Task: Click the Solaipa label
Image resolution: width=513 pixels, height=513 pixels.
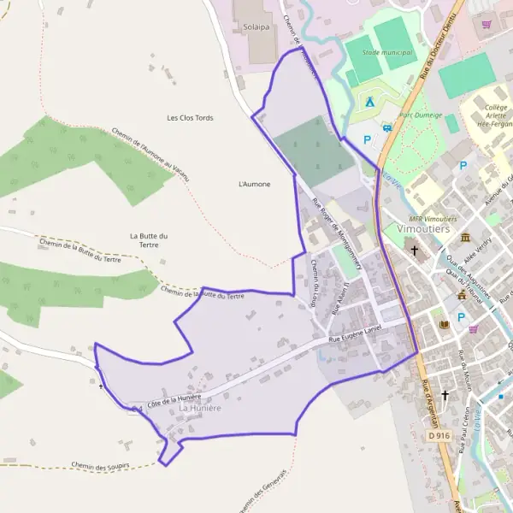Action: [x=256, y=27]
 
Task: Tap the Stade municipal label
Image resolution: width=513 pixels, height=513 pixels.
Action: [x=386, y=52]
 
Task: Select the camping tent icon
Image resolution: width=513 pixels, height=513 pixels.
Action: [x=370, y=102]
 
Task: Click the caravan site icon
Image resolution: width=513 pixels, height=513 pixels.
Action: [x=387, y=128]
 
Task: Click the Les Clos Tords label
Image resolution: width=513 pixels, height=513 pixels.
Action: [x=190, y=117]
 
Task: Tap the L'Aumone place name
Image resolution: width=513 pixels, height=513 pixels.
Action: [x=254, y=184]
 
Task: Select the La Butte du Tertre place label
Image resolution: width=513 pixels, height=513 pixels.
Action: [x=150, y=240]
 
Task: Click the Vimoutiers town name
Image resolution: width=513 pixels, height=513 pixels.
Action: [x=423, y=228]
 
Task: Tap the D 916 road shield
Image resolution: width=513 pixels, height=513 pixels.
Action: [x=439, y=435]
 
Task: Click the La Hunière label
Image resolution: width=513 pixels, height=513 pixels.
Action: [x=200, y=409]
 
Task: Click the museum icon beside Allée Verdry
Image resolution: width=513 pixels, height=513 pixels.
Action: [x=465, y=237]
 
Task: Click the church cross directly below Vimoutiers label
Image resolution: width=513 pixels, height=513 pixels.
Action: [x=416, y=251]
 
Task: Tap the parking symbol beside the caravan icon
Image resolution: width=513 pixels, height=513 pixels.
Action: [x=368, y=139]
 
